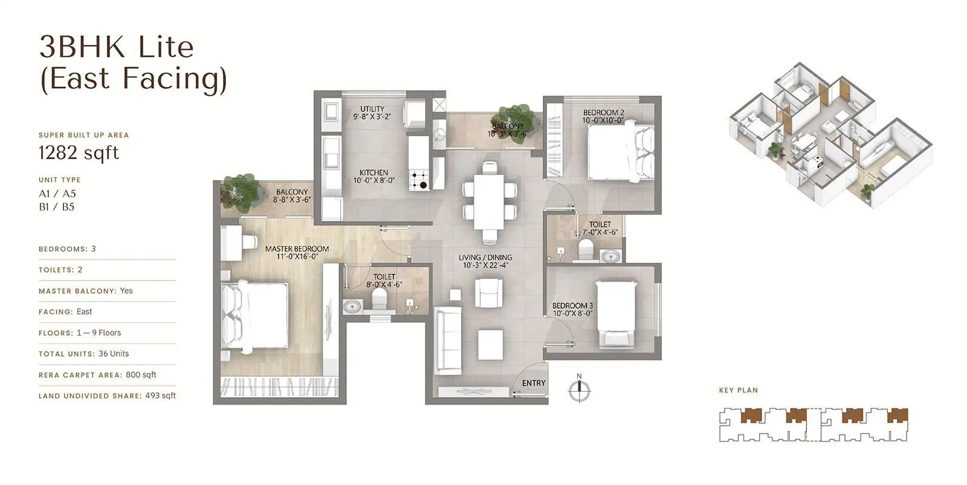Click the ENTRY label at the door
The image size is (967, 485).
[x=533, y=383]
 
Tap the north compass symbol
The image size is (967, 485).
[x=579, y=390]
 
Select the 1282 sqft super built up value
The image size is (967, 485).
[x=79, y=152]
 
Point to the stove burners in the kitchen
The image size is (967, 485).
[x=419, y=180]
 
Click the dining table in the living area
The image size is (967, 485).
[x=489, y=201]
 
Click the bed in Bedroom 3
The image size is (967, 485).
[x=616, y=314]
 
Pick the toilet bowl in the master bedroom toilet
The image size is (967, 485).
[x=379, y=298]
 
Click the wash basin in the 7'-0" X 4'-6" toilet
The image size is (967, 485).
[x=611, y=256]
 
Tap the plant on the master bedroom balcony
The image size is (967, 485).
[x=241, y=192]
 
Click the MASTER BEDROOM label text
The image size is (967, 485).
[x=297, y=249]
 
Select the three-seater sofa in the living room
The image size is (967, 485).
[x=448, y=340]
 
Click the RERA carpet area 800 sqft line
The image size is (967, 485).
[x=97, y=375]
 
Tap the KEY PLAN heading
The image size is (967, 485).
[x=738, y=390]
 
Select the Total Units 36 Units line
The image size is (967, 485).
[x=83, y=354]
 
